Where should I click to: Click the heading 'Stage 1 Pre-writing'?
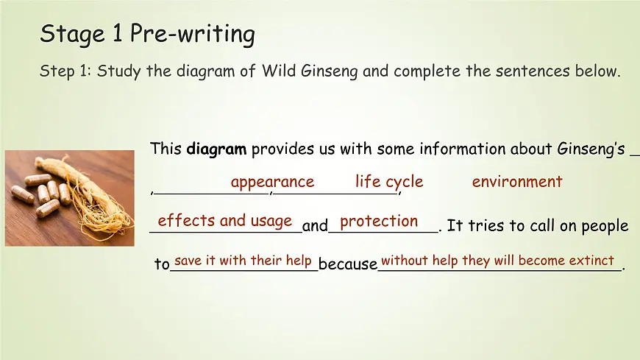[147, 34]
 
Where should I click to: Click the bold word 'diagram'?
[216, 149]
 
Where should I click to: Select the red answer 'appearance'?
[272, 182]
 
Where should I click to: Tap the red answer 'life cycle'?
[389, 182]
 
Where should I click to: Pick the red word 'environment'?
[517, 182]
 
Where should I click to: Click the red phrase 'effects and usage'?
[225, 221]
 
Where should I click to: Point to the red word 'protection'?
[379, 221]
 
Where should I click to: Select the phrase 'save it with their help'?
[244, 261]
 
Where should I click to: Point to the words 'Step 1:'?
[65, 72]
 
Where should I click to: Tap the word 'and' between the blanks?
[315, 226]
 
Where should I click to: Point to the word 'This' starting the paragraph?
[166, 149]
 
